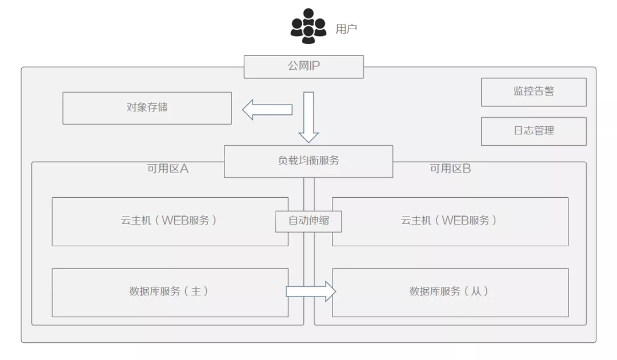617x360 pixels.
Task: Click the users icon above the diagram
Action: [308, 26]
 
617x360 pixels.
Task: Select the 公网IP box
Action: [303, 66]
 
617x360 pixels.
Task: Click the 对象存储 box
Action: [147, 107]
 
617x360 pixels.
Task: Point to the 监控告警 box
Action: [534, 91]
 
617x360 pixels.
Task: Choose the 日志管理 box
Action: [534, 131]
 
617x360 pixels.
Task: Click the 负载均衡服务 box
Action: [308, 161]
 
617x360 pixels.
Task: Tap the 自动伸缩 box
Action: [308, 221]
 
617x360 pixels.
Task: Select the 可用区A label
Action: [168, 169]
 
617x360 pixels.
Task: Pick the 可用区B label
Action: [450, 169]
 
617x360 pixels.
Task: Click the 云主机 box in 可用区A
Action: [170, 221]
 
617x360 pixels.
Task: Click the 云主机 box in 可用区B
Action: [450, 221]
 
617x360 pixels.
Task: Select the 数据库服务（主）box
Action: [170, 292]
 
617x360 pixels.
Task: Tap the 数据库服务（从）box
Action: [450, 292]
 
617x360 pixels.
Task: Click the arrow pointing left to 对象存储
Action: [267, 109]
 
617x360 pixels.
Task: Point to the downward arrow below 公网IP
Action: [308, 117]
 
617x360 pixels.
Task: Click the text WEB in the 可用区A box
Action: [174, 221]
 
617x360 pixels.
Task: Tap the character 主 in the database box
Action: [196, 291]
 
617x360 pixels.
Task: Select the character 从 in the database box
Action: [476, 291]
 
